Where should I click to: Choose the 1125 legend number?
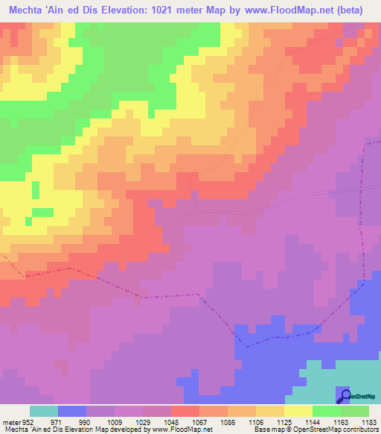[x=280, y=421]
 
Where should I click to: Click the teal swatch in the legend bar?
[x=44, y=411]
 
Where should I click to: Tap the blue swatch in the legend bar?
[x=72, y=411]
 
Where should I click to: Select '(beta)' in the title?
[x=360, y=11]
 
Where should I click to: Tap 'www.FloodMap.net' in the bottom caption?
[x=170, y=430]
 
